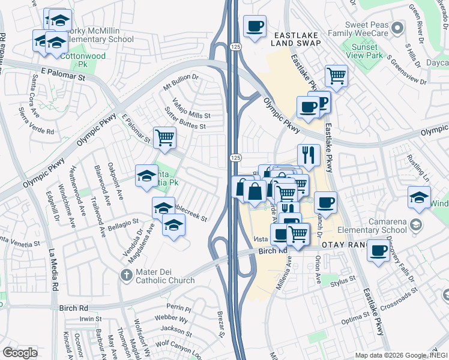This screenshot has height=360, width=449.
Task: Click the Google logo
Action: (x=20, y=353)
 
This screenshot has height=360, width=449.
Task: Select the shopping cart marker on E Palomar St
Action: (x=164, y=137)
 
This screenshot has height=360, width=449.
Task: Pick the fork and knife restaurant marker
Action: (x=308, y=155)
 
